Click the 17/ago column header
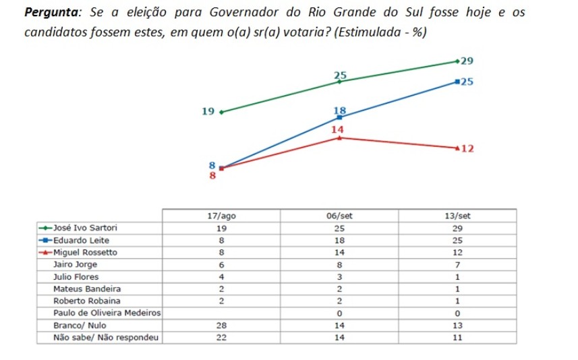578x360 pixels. click(221, 216)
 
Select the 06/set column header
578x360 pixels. click(339, 216)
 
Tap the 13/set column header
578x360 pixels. click(457, 216)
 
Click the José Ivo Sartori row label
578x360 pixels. click(86, 228)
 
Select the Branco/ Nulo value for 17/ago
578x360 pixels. click(221, 325)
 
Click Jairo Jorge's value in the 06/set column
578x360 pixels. click(339, 264)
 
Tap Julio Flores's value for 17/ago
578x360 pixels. click(221, 276)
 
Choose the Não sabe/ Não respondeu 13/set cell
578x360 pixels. click(457, 337)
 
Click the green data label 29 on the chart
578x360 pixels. click(467, 61)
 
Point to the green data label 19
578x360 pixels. click(208, 112)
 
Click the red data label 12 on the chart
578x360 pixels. click(467, 148)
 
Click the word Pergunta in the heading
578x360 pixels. click(51, 13)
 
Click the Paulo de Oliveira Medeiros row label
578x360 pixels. click(107, 313)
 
